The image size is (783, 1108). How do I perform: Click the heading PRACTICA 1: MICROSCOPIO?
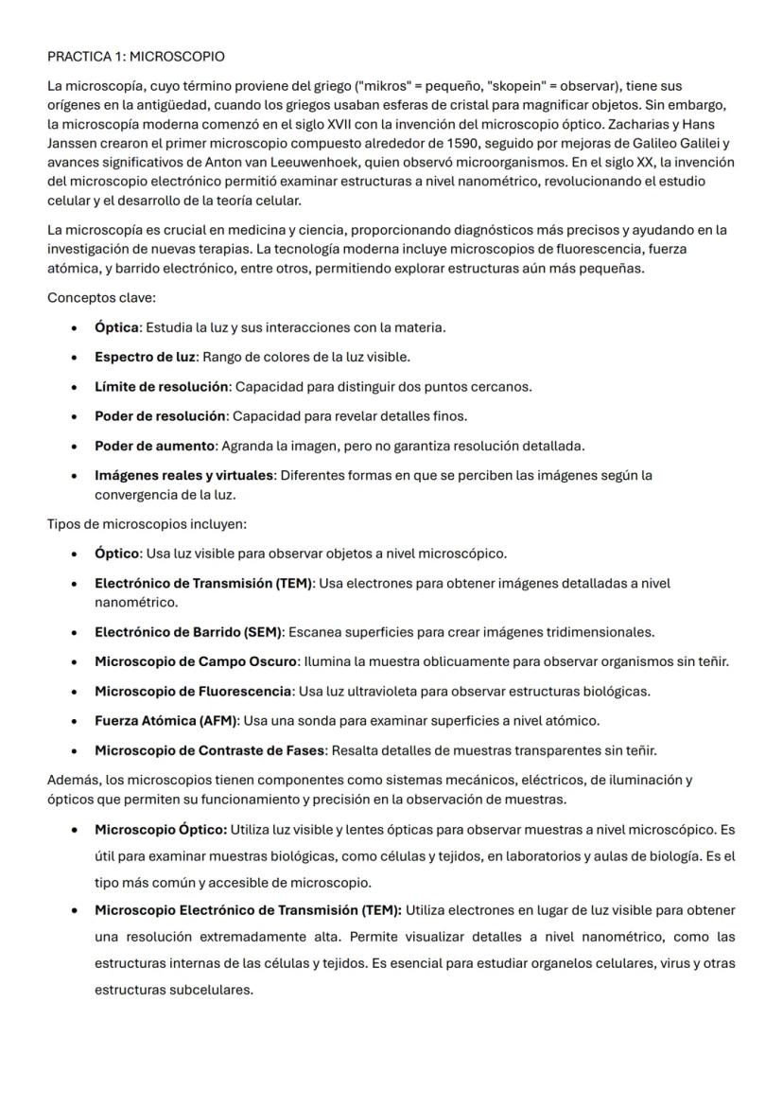[136, 58]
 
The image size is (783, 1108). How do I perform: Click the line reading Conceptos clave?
[101, 298]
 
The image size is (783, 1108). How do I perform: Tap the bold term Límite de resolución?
[162, 386]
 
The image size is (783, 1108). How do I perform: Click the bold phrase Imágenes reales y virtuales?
[183, 475]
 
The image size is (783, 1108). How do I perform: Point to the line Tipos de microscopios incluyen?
[147, 523]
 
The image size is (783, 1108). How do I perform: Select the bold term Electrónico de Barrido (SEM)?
[188, 631]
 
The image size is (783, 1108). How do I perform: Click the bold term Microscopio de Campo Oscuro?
[196, 660]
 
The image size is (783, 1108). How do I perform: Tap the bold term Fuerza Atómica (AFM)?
[166, 720]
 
